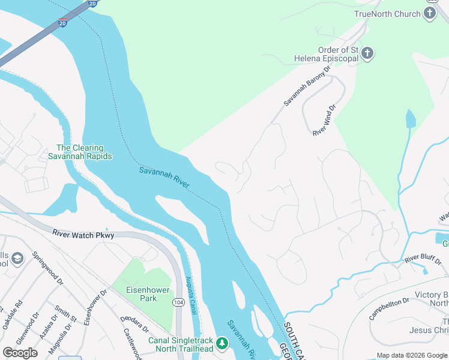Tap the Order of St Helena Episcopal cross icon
tap(367, 54)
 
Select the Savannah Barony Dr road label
tap(307, 86)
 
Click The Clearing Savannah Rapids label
tap(80, 152)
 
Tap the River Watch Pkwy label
tap(83, 233)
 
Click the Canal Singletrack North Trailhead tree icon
tap(223, 343)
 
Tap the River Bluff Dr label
tap(424, 259)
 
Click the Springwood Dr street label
tap(47, 268)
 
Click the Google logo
tap(20, 353)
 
